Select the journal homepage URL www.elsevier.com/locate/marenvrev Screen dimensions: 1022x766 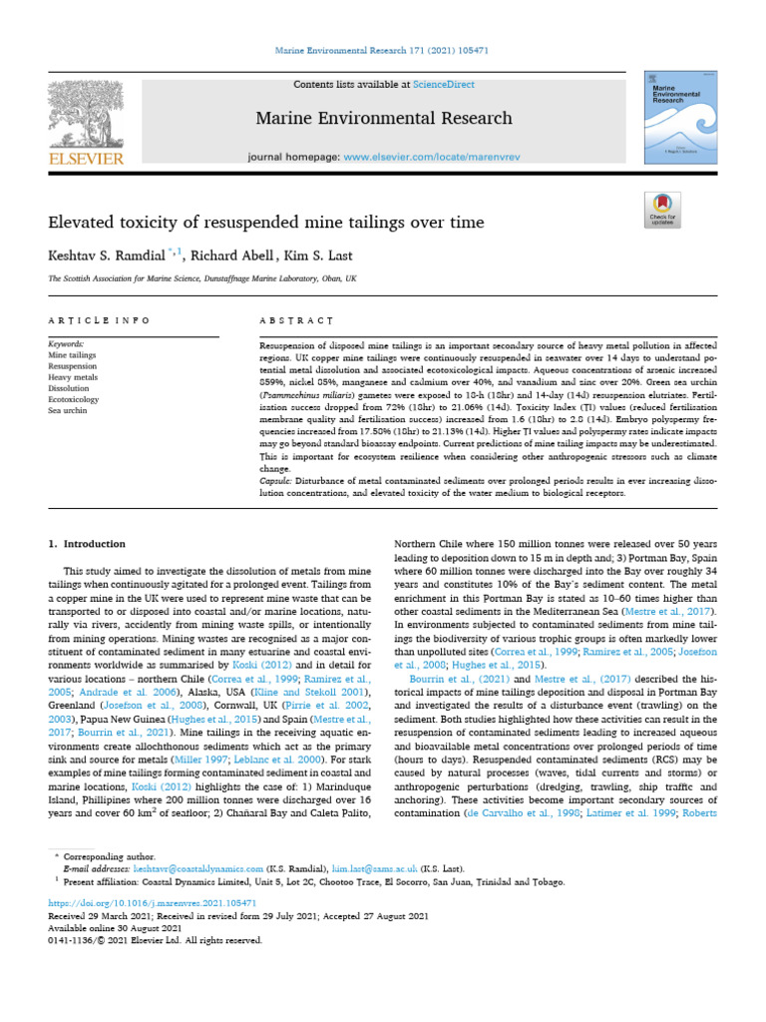[420, 157]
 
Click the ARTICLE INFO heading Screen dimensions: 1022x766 [99, 320]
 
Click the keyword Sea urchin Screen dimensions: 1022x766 [68, 409]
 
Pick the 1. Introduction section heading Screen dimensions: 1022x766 [88, 544]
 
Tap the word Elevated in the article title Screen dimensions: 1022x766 [83, 222]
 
